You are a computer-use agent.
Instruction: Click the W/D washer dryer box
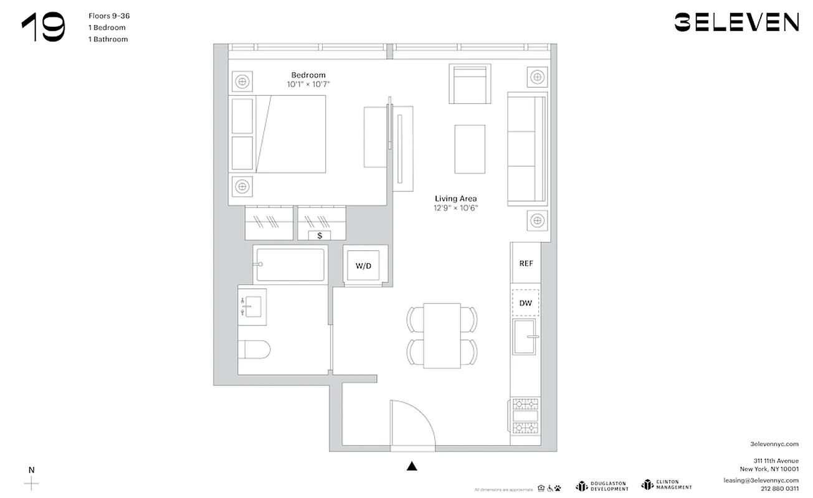(363, 266)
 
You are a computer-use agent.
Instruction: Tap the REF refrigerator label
(526, 263)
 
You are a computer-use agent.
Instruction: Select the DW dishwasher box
(526, 303)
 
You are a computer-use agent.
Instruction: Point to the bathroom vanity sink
(252, 306)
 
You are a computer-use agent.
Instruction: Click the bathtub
(289, 265)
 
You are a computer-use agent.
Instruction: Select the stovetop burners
(525, 415)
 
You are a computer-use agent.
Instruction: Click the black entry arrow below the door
(411, 466)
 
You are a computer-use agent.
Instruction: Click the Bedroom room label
(308, 75)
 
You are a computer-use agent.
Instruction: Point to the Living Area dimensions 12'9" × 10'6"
(456, 208)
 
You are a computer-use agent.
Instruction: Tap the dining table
(442, 336)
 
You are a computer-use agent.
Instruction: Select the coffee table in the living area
(470, 149)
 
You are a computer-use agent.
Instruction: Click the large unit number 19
(43, 29)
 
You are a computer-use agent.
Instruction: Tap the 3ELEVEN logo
(736, 23)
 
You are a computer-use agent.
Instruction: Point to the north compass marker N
(31, 470)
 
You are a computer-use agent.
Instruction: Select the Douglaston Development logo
(602, 486)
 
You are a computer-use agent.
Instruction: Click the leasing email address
(761, 480)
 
